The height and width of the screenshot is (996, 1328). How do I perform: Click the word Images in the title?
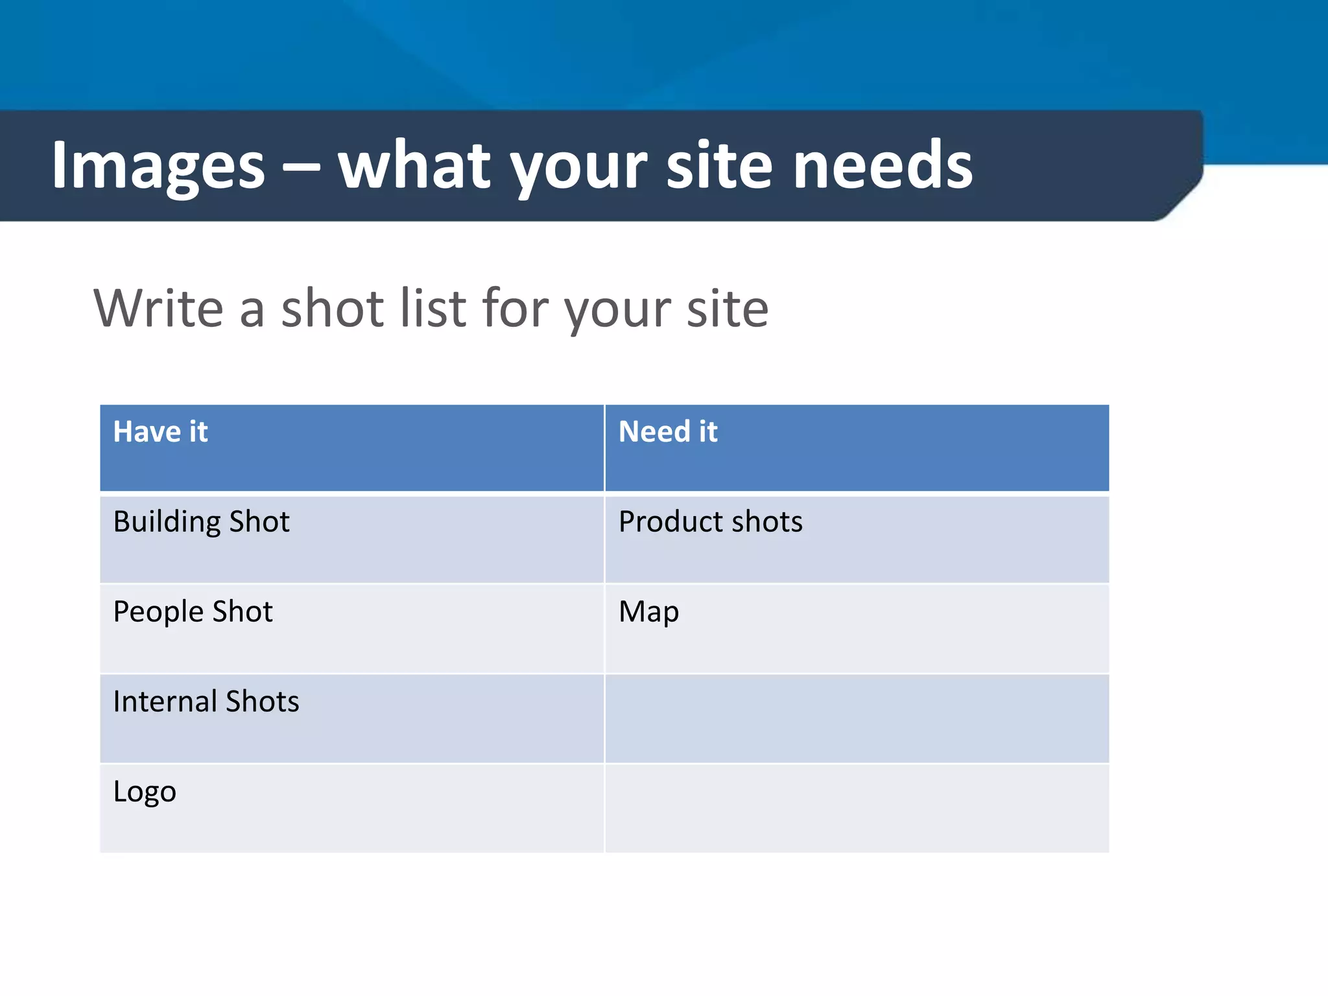click(x=158, y=166)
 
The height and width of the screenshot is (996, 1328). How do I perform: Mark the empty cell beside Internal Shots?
click(x=856, y=718)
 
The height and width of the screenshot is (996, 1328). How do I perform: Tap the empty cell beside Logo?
click(x=856, y=808)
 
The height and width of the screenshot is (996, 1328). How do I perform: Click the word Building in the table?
click(x=167, y=522)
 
